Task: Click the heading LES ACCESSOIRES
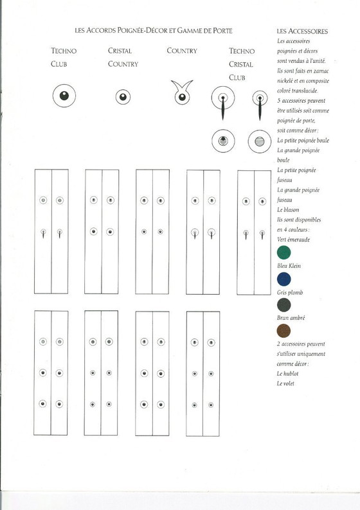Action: click(x=302, y=31)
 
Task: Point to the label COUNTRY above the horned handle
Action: click(x=181, y=51)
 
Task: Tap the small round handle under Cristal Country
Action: click(x=122, y=97)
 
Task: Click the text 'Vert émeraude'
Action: click(x=291, y=239)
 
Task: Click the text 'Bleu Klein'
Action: click(x=289, y=265)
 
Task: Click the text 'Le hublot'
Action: click(x=288, y=373)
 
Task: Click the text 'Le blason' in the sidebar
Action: click(x=288, y=209)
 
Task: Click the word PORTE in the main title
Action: click(x=221, y=30)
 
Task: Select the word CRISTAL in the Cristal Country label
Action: click(x=121, y=51)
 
